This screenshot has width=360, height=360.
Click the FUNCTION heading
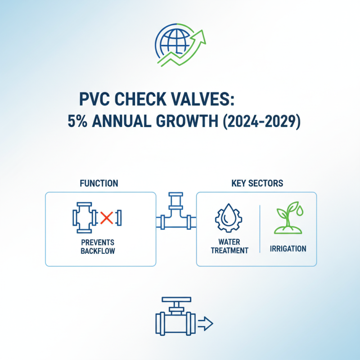click(99, 183)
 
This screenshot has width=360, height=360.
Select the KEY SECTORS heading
click(257, 183)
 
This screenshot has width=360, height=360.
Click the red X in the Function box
click(106, 218)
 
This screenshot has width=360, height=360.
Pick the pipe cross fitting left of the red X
click(84, 218)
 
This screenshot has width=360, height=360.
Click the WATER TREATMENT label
click(229, 246)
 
